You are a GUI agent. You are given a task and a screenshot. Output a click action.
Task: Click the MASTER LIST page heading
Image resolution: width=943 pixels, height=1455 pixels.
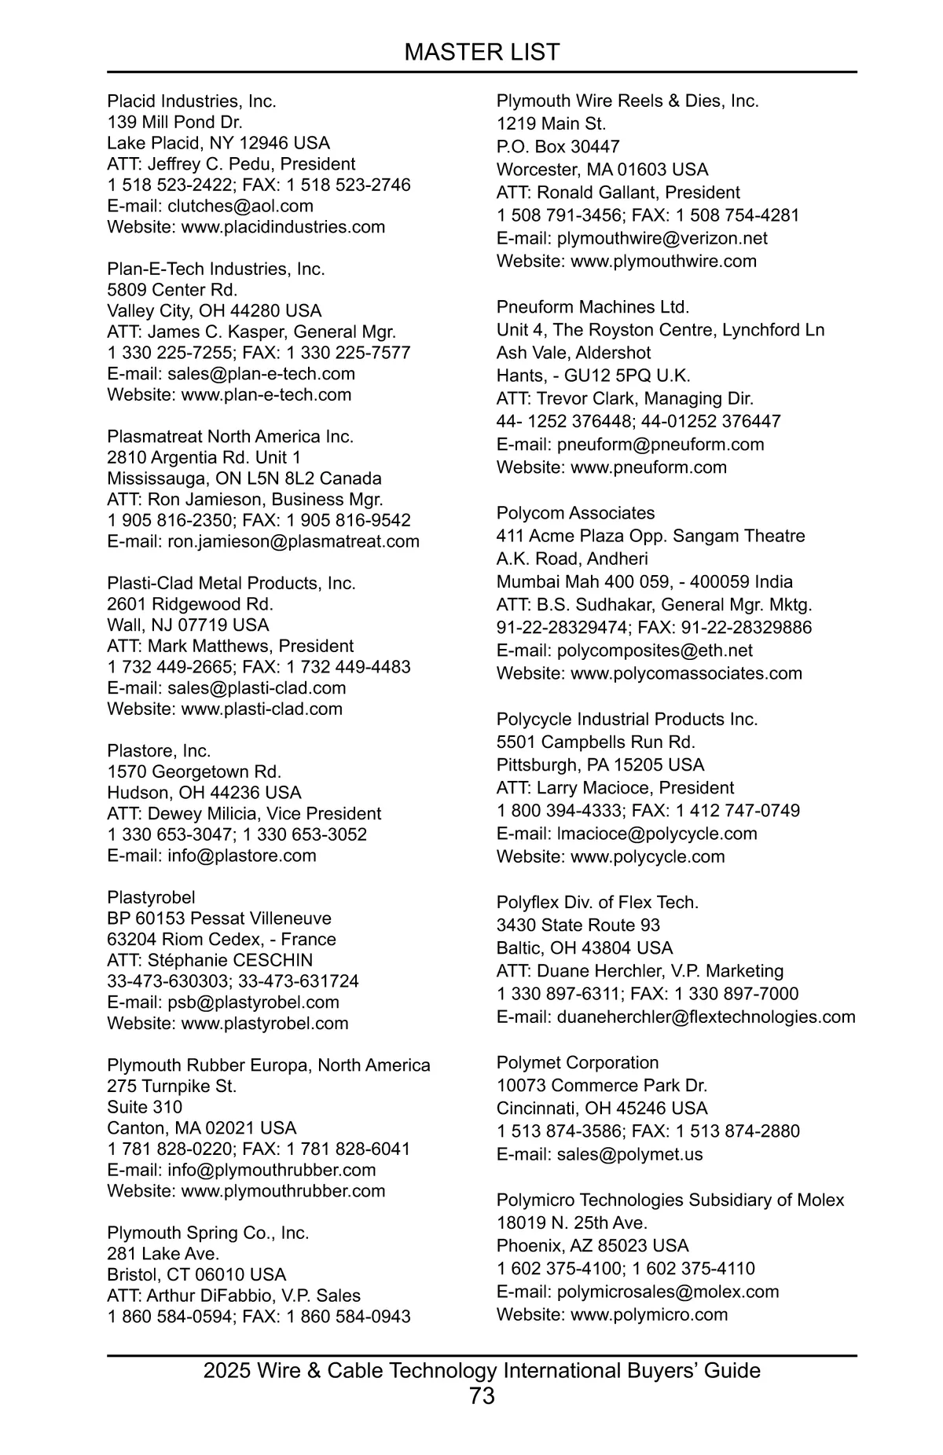482,52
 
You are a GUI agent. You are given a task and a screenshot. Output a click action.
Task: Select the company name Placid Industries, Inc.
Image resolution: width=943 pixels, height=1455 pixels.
192,101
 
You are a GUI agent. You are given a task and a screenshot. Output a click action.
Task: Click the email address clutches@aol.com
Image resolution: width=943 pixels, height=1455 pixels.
240,206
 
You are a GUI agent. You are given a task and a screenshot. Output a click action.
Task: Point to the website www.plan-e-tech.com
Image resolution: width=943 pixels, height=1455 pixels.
266,394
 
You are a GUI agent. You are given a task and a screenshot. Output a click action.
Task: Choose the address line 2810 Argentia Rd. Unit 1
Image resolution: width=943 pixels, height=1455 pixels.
204,457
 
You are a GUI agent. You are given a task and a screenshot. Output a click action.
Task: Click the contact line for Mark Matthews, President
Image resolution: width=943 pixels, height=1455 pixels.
230,646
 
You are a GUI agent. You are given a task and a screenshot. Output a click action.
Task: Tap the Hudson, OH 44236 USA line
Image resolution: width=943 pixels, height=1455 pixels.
204,793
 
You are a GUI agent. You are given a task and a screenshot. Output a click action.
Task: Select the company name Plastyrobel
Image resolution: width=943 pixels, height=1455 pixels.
151,897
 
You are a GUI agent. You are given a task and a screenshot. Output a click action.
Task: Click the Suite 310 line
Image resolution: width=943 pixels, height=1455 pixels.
145,1107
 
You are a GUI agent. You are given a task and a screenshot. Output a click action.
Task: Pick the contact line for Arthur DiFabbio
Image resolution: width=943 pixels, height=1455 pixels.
233,1296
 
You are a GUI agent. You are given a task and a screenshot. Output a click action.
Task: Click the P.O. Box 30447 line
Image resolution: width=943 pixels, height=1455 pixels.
558,147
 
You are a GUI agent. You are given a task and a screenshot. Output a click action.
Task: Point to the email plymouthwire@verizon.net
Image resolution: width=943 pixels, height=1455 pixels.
662,238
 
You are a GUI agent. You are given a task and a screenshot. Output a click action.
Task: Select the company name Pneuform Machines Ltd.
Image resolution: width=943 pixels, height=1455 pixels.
593,307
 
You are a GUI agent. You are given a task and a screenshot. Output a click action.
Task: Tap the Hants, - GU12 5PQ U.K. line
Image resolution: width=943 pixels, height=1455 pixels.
593,376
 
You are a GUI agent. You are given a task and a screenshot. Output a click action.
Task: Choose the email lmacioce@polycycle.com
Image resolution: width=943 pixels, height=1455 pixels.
657,834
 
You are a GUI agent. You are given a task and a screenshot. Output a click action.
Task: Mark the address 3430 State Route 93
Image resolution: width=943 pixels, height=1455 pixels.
578,925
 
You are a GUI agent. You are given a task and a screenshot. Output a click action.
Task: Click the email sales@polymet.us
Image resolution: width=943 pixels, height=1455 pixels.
629,1154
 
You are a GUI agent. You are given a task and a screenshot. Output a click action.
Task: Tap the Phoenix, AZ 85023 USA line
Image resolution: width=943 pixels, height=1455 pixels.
592,1245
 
